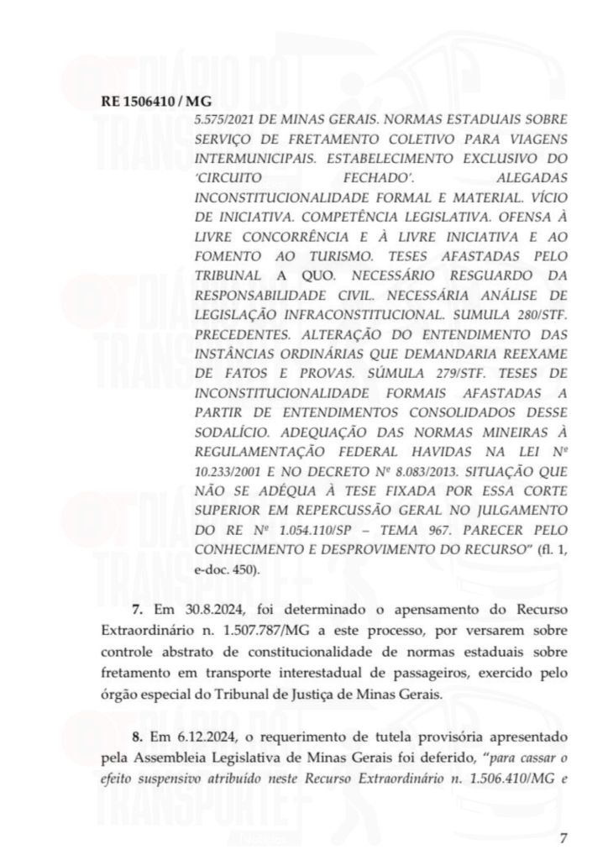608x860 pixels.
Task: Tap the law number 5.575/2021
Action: [223, 120]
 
